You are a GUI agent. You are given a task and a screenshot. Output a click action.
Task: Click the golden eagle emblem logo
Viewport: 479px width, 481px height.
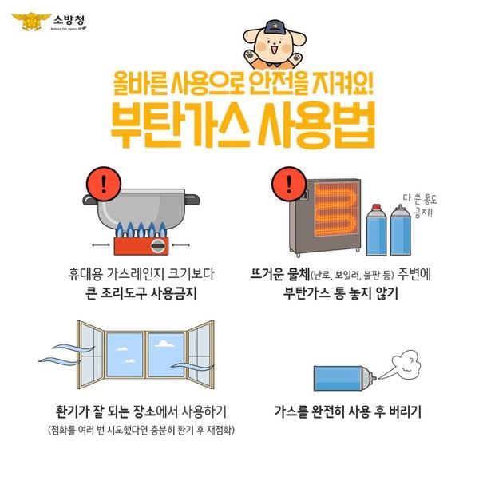tap(31, 21)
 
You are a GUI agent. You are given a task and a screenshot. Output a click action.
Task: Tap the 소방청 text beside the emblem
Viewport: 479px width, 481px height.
tap(69, 20)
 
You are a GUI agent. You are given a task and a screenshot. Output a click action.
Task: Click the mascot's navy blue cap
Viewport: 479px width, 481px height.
tap(275, 27)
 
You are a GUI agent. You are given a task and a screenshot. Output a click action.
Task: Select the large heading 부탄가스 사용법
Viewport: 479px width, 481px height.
tap(243, 125)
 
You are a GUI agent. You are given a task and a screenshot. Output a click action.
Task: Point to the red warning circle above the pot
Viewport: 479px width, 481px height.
tap(104, 184)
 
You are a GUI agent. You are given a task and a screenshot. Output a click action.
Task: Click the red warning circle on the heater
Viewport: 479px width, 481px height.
tap(289, 184)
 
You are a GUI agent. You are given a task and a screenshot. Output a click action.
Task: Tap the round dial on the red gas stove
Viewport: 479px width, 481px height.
tap(158, 246)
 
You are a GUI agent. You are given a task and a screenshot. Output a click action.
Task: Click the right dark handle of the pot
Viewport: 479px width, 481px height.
tap(192, 199)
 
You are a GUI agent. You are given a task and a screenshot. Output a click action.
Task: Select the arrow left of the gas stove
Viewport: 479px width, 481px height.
tap(101, 244)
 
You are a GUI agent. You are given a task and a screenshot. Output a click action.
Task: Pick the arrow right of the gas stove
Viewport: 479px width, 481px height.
tap(180, 244)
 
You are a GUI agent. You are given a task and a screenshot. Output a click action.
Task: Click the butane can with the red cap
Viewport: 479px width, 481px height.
tap(376, 230)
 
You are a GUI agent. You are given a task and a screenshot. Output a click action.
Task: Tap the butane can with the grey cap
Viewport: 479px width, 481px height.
tap(400, 230)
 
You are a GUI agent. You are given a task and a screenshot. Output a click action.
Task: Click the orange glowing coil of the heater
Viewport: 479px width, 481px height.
tap(336, 209)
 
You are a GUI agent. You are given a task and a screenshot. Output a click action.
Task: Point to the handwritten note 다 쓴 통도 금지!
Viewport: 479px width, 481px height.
tap(421, 205)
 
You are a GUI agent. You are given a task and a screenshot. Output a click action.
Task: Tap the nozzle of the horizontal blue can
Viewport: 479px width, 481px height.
tap(373, 376)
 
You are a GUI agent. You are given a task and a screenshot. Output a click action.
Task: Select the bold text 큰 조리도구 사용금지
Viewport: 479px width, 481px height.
tap(141, 293)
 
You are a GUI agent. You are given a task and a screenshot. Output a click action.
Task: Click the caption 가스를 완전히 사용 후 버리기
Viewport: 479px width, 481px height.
tap(347, 411)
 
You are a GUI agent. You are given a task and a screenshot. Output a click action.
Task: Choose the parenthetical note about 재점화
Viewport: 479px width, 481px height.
tap(141, 430)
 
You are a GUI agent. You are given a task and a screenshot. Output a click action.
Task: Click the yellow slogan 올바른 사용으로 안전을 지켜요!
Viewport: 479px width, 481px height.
tap(243, 83)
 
